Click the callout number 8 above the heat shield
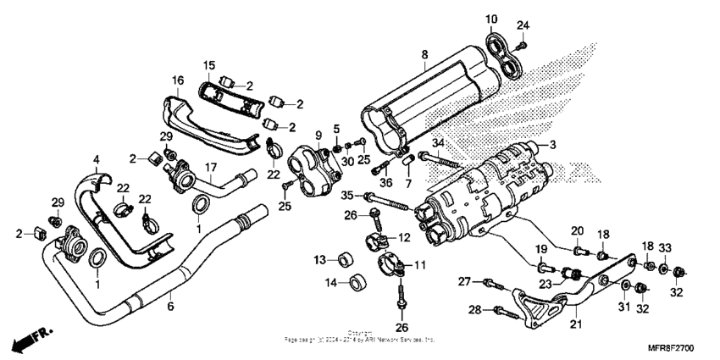(x=424, y=55)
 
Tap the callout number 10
(x=491, y=19)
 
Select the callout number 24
(x=523, y=24)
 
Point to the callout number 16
(x=177, y=80)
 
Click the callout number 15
(x=209, y=65)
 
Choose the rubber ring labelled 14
(x=358, y=280)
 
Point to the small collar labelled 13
(x=346, y=258)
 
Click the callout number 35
(x=346, y=196)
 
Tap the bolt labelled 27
(x=490, y=281)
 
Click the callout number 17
(x=207, y=168)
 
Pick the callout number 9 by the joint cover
(x=318, y=136)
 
